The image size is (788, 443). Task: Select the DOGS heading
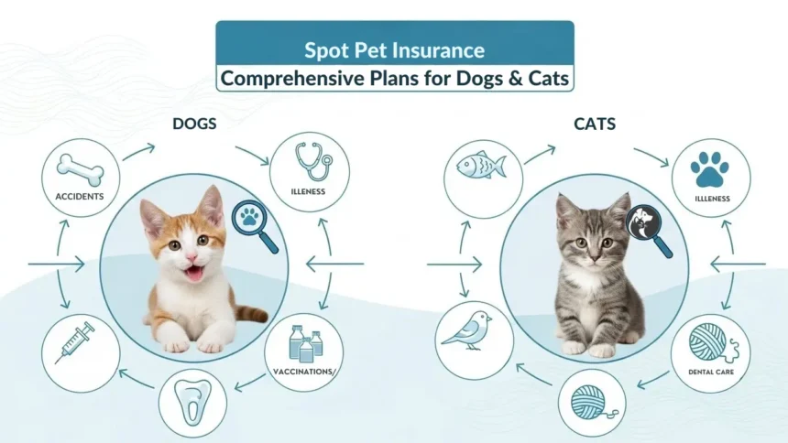click(194, 124)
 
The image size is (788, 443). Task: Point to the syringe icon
click(75, 342)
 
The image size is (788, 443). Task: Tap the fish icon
click(480, 167)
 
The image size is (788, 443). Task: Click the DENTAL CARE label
click(710, 372)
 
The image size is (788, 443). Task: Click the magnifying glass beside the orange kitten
click(254, 223)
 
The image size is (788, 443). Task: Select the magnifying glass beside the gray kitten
click(647, 225)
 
